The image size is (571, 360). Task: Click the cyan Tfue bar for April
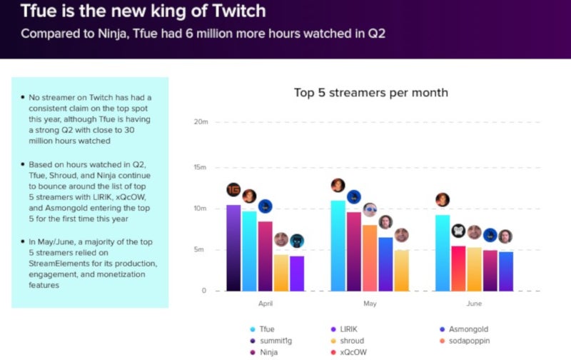(248, 251)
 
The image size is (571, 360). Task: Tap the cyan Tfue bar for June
(442, 253)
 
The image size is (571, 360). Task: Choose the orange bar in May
(369, 258)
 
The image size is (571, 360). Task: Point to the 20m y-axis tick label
(199, 121)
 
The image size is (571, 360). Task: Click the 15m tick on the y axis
(199, 167)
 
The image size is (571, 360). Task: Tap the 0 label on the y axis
(203, 291)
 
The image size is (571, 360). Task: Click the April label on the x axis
(266, 304)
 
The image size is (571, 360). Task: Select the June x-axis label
(474, 304)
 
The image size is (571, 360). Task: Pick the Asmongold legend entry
(465, 329)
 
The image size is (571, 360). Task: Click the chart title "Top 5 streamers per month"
(370, 93)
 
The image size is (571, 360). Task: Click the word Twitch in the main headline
(235, 11)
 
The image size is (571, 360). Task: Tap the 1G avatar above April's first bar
(233, 190)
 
